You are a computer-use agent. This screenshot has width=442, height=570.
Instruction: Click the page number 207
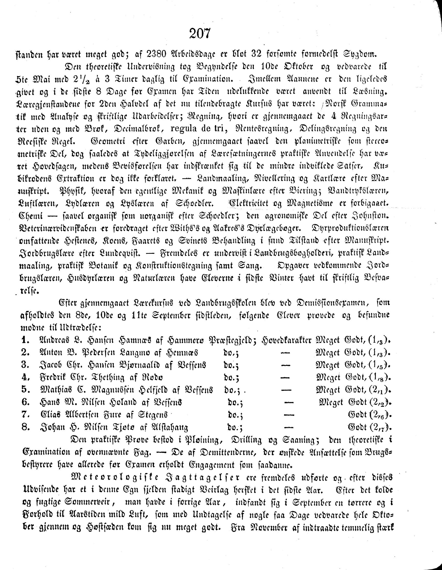tap(200, 34)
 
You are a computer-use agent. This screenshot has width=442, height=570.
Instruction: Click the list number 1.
tap(25, 340)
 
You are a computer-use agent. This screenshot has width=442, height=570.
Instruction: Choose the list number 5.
tap(25, 390)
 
